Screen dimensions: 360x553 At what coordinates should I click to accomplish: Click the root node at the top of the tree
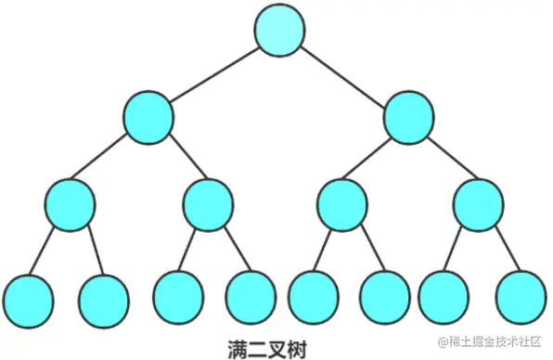[x=280, y=30]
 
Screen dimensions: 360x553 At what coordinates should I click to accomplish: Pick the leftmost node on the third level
[x=70, y=203]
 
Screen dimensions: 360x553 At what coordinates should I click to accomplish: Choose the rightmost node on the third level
[x=479, y=203]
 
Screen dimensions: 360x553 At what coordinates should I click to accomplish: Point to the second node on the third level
[x=208, y=203]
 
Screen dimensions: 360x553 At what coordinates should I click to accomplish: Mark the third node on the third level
[x=342, y=203]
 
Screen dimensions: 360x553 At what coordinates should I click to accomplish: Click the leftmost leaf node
[x=28, y=297]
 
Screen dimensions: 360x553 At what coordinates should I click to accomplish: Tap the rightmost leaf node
[x=521, y=297]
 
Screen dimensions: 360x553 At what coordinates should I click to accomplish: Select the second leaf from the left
[x=104, y=297]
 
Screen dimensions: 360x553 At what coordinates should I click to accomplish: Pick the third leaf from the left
[x=178, y=295]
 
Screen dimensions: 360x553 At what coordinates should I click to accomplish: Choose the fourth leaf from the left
[x=251, y=295]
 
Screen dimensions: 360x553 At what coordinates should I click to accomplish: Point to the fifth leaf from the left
[x=313, y=297]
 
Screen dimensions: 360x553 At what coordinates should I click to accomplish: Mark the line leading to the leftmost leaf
[x=47, y=251]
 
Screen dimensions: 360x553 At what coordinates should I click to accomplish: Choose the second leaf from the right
[x=444, y=297]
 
